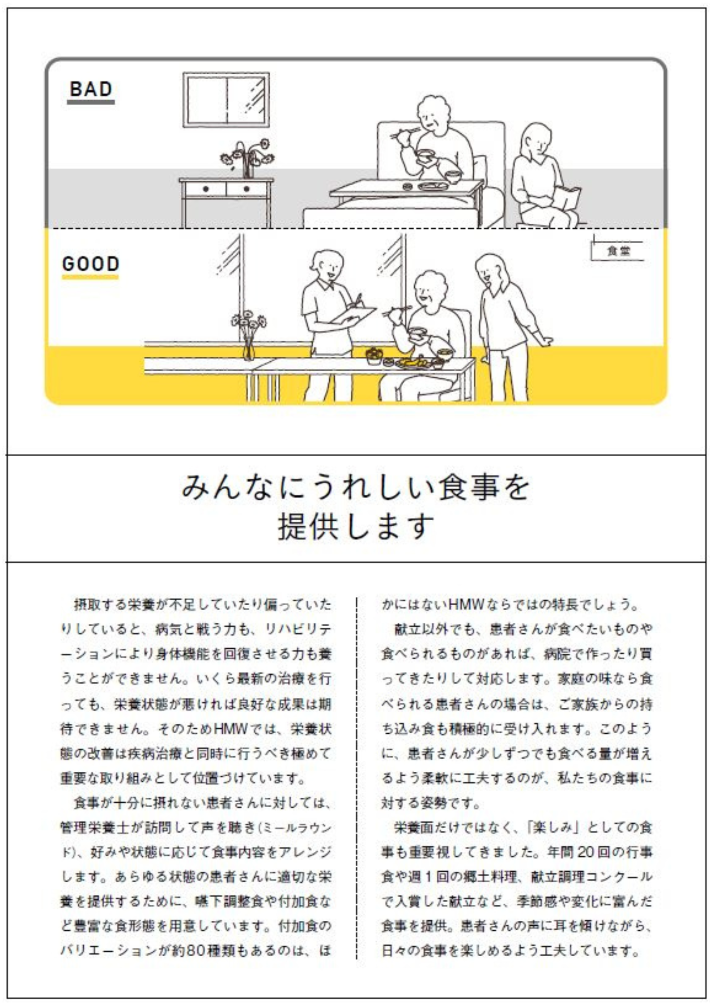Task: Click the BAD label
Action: coord(91,89)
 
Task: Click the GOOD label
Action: coord(91,264)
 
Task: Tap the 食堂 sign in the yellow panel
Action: coord(618,251)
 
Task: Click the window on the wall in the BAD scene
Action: coord(226,100)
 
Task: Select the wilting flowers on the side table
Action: coord(247,158)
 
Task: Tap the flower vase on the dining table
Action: coord(249,336)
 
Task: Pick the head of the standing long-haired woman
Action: coord(491,269)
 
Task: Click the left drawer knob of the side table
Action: coord(205,189)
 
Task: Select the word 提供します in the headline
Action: coord(356,526)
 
